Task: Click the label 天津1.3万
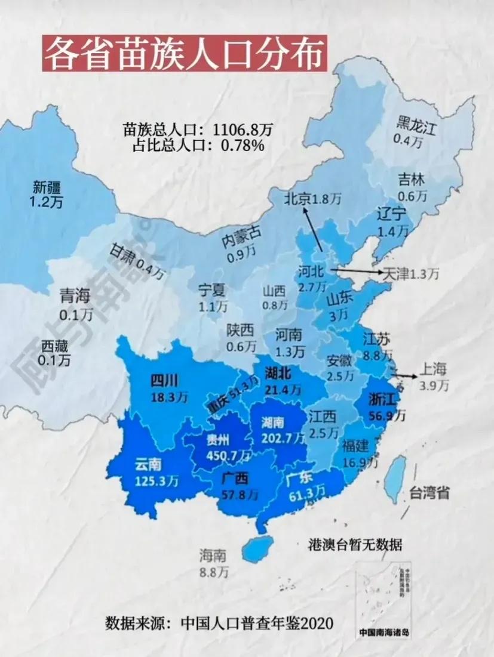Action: coord(410,274)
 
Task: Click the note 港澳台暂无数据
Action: coord(354,544)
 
